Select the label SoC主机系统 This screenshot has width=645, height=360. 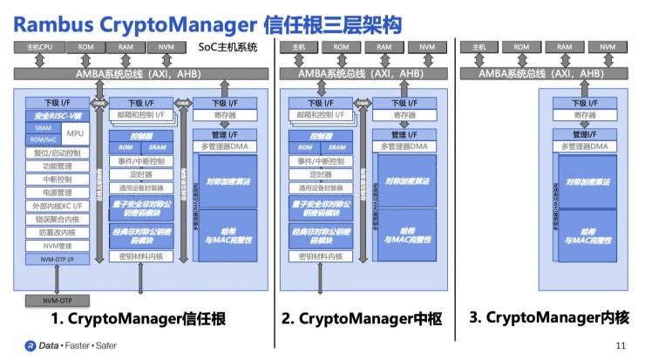point(227,46)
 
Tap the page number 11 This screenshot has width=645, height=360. point(621,345)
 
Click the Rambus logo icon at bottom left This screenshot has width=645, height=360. point(29,345)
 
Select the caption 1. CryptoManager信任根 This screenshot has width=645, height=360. point(139,319)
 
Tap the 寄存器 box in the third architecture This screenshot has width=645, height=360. point(586,115)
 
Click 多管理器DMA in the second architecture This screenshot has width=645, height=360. point(405,146)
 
